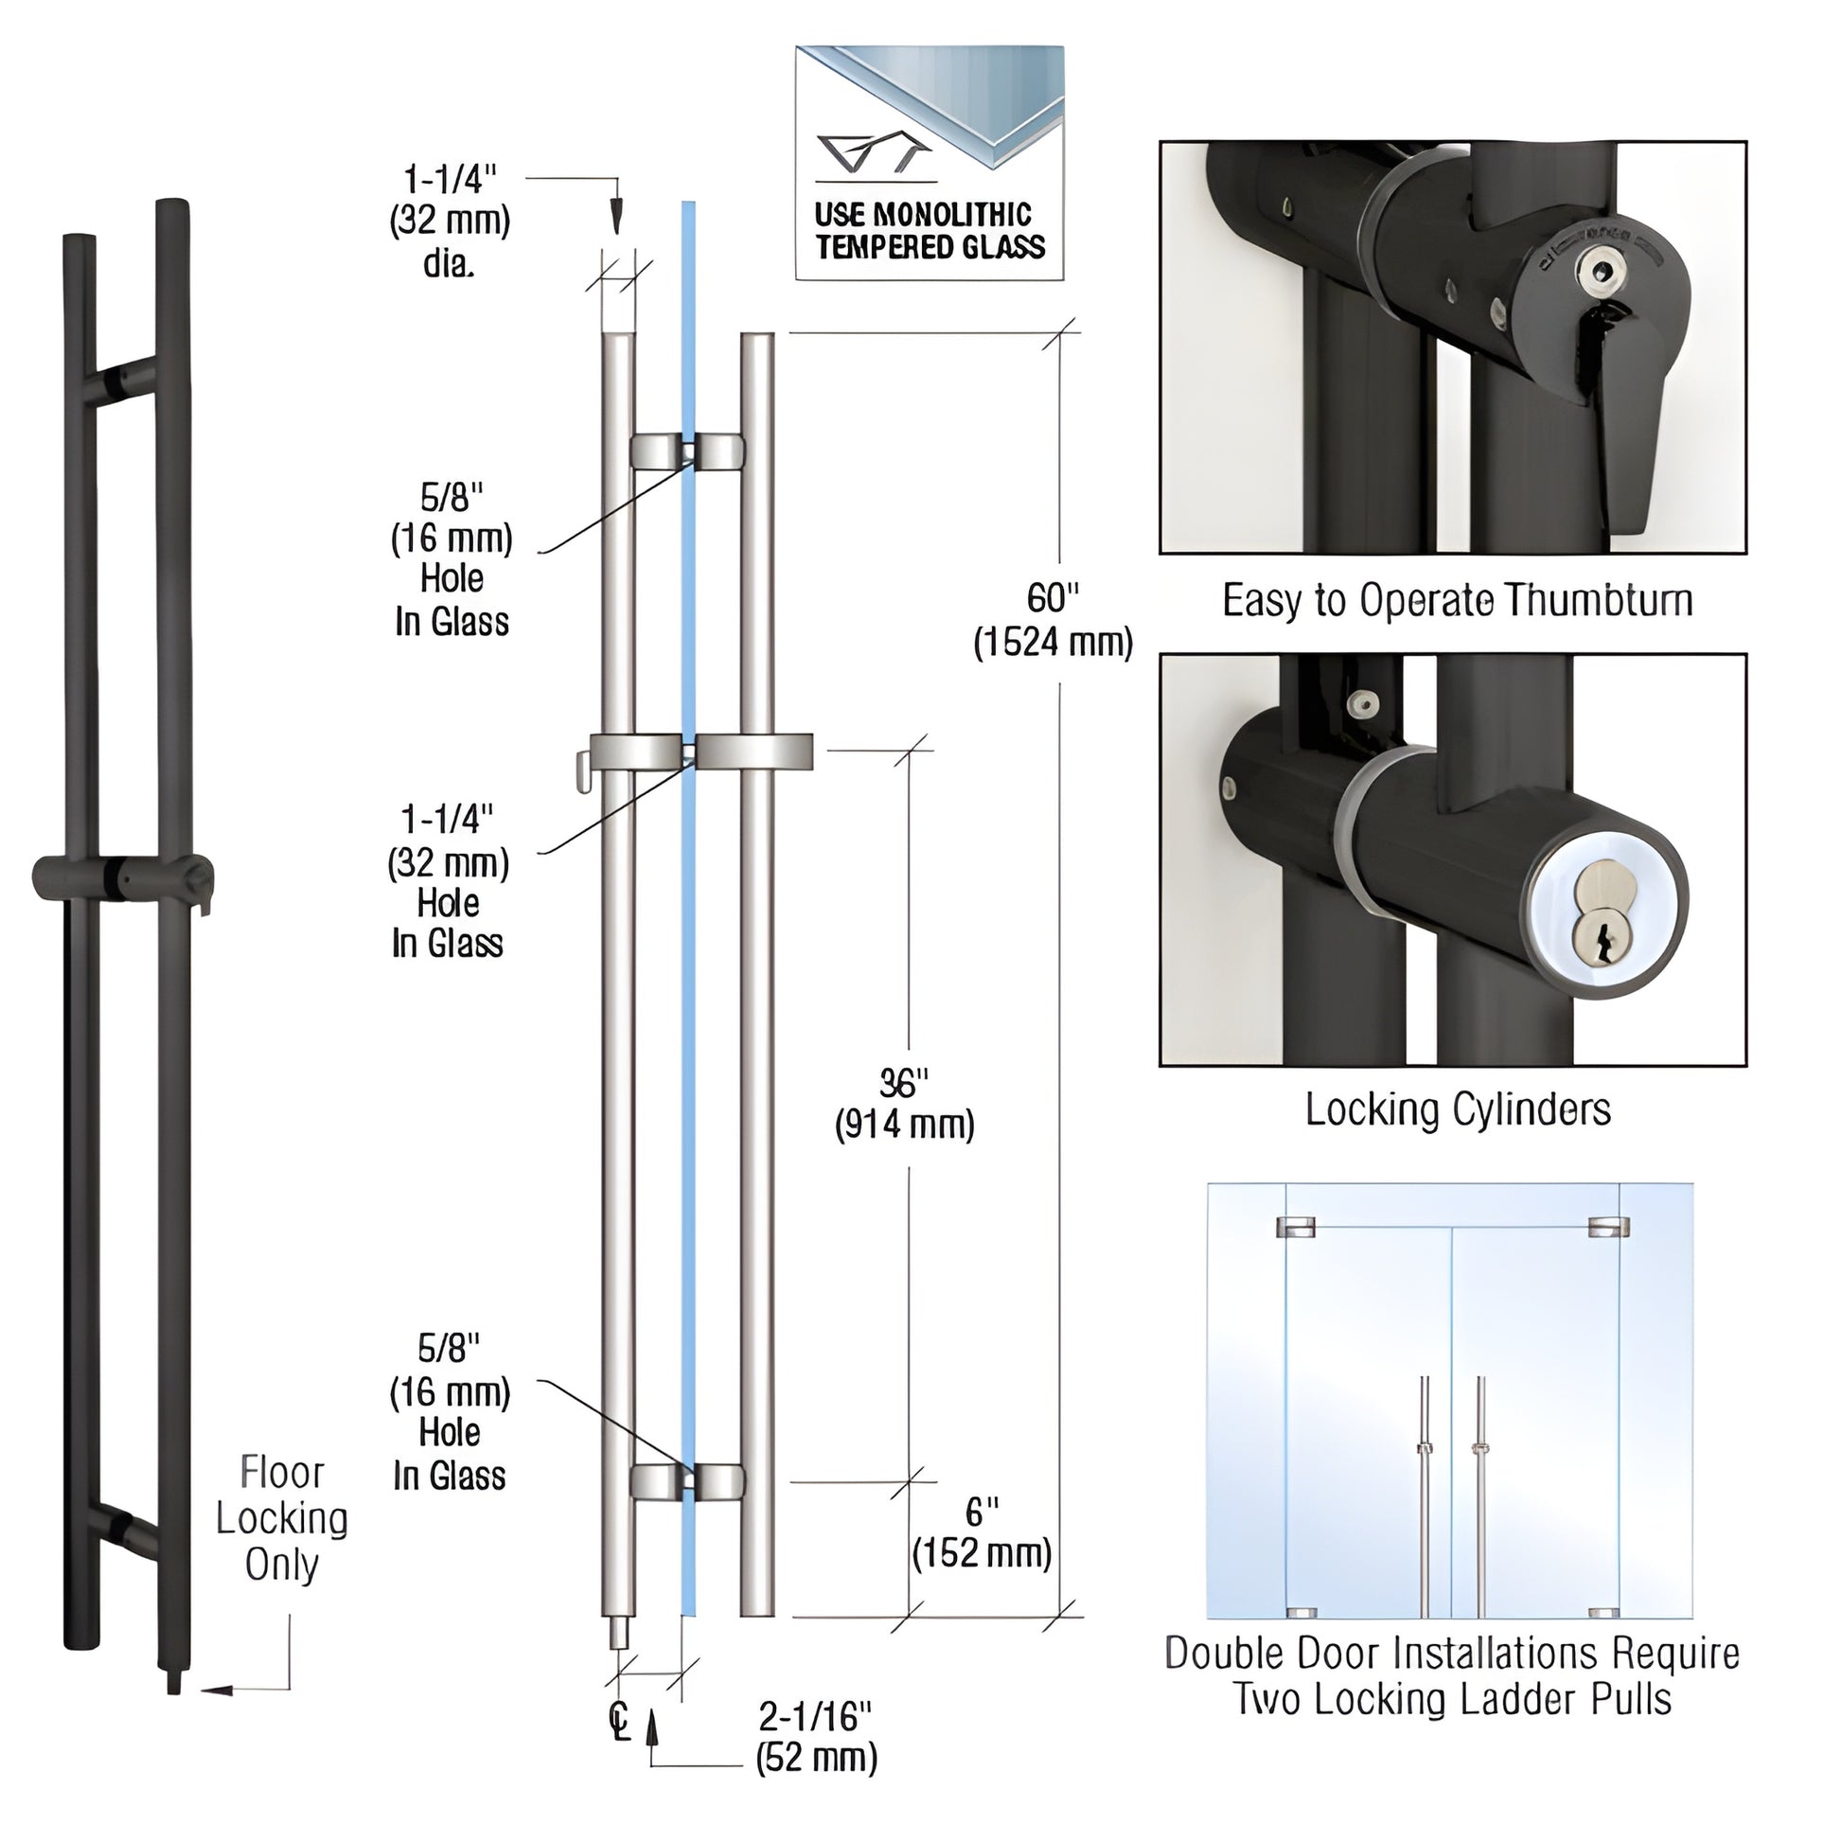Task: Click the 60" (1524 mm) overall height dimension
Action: pos(1053,620)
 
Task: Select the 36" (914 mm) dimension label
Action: pos(904,1104)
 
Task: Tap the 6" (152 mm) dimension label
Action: pos(982,1533)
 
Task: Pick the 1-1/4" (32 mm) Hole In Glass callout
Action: pos(447,881)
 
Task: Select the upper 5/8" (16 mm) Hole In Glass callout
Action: pos(451,558)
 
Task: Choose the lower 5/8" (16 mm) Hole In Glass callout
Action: pos(449,1412)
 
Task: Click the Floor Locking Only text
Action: pos(281,1518)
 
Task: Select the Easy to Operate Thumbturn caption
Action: pos(1457,601)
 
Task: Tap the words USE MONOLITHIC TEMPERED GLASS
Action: pos(930,231)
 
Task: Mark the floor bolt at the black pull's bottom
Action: pos(173,1683)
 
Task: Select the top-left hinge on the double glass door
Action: pos(1296,1227)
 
